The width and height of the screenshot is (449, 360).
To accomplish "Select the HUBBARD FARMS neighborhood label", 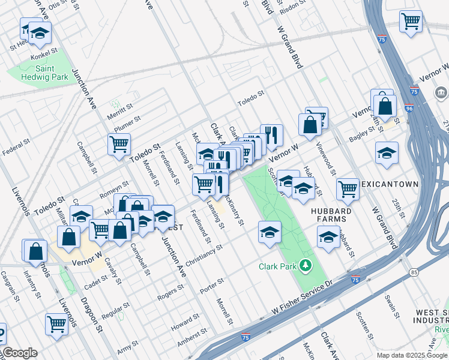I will coord(328,215).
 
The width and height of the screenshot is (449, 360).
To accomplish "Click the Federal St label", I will coord(16,148).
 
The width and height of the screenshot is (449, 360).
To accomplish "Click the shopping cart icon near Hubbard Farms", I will coord(348,189).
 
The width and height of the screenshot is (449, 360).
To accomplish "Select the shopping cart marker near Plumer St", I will coord(119,144).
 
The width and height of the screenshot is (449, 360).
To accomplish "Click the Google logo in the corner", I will coord(19,353).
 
